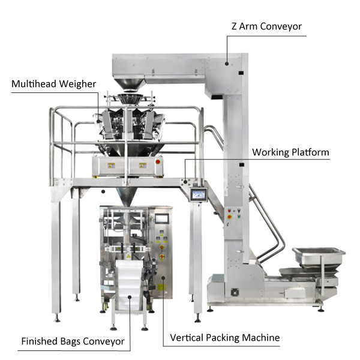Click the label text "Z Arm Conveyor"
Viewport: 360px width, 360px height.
pos(266,26)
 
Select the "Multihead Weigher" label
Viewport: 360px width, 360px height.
pos(53,83)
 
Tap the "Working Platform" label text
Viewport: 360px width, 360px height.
pos(290,152)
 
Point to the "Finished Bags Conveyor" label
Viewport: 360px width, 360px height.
pos(73,341)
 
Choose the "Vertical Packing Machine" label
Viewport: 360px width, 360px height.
pos(224,338)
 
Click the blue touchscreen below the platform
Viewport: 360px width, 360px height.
pos(197,194)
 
